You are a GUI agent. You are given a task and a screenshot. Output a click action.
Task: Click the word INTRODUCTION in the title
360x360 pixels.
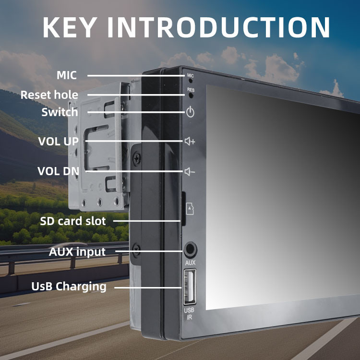click(218, 27)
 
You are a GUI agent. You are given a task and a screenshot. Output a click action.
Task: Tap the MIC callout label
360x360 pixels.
click(66, 75)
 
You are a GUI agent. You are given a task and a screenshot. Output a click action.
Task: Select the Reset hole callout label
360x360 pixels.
click(49, 95)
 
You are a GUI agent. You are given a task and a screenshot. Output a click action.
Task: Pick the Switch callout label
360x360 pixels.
click(60, 112)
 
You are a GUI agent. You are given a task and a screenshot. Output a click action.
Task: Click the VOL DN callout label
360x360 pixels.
click(59, 171)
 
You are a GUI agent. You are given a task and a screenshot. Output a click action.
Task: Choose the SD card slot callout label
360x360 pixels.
click(73, 221)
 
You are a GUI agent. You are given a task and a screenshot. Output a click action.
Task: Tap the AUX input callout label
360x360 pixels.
click(77, 252)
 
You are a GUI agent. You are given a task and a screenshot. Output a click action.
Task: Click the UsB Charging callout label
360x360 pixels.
click(69, 287)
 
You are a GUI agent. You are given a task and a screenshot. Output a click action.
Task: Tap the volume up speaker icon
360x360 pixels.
click(190, 142)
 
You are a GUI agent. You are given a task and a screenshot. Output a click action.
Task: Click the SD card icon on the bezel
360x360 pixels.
click(190, 208)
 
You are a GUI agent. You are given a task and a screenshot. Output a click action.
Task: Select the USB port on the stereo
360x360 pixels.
click(189, 287)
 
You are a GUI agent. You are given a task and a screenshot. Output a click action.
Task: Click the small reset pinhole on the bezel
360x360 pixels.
click(191, 95)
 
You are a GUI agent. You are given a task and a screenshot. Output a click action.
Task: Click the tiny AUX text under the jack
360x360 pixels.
click(190, 263)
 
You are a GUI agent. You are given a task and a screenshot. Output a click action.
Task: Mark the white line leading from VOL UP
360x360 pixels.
click(134, 141)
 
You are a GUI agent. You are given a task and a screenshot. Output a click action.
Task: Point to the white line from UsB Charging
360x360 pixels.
click(149, 287)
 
